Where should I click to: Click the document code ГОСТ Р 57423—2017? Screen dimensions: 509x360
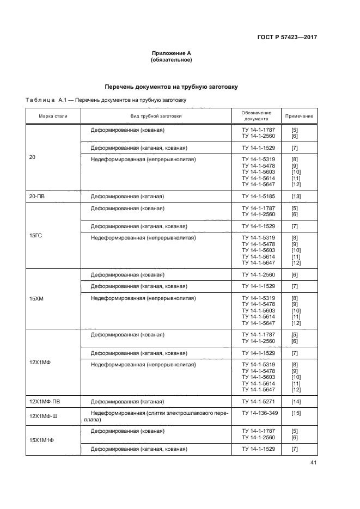[x=287, y=38]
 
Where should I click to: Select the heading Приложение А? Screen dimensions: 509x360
[x=171, y=53]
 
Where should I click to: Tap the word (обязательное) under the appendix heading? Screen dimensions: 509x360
[x=171, y=60]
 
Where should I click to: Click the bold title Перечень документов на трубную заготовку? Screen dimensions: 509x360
[x=171, y=87]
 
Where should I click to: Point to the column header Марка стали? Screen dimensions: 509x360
[x=53, y=116]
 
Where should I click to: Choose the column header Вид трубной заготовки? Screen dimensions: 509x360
[x=155, y=116]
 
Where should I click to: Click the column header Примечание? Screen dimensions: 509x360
[x=299, y=116]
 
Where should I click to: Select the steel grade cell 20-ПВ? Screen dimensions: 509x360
[x=38, y=196]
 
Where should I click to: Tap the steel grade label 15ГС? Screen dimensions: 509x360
[x=35, y=235]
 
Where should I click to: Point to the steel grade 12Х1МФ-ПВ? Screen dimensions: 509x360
[x=45, y=402]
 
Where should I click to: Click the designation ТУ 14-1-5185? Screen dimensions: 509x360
[x=259, y=196]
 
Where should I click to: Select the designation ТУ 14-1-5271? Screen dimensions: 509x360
[x=259, y=402]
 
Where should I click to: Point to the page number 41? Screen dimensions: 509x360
[x=313, y=463]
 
